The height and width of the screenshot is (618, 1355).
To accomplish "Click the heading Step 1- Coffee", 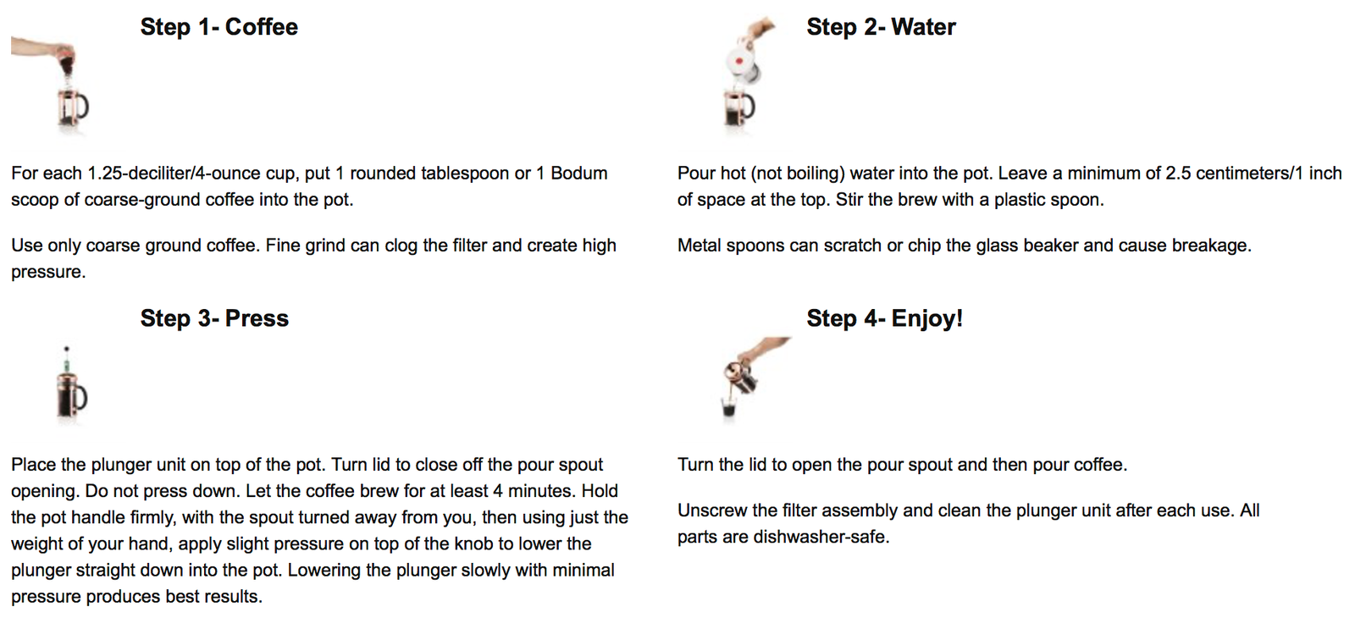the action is (x=219, y=27).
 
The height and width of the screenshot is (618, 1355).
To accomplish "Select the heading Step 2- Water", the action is (x=881, y=27).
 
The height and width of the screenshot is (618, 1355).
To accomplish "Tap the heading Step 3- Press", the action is (x=214, y=318).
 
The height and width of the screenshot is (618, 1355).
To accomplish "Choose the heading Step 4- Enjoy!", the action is (x=884, y=318).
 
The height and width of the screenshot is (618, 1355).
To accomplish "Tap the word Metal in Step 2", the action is (x=699, y=246).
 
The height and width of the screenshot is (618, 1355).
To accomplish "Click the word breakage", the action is (x=1211, y=246).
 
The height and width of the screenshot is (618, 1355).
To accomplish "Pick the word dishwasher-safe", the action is (x=821, y=537).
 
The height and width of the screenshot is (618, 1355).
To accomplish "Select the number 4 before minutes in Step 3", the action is (x=498, y=491).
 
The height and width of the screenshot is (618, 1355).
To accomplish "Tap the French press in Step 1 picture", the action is (x=73, y=108).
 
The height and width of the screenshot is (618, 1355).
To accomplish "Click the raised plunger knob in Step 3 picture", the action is (x=67, y=349).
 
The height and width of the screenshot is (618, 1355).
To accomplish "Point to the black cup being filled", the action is (x=729, y=407).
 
